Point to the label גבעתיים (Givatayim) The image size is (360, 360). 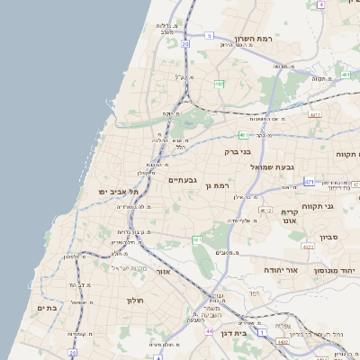coord(183,180)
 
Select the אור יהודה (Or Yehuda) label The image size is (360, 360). coord(262,269)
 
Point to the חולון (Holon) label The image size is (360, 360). coord(135,300)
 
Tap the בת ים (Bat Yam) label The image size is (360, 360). coord(46,308)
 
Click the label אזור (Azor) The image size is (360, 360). coord(163,271)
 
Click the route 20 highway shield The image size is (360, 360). coord(185,43)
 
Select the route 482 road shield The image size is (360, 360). coord(219,84)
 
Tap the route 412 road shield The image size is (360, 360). coord(266,210)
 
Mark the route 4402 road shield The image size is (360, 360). coord(284,341)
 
